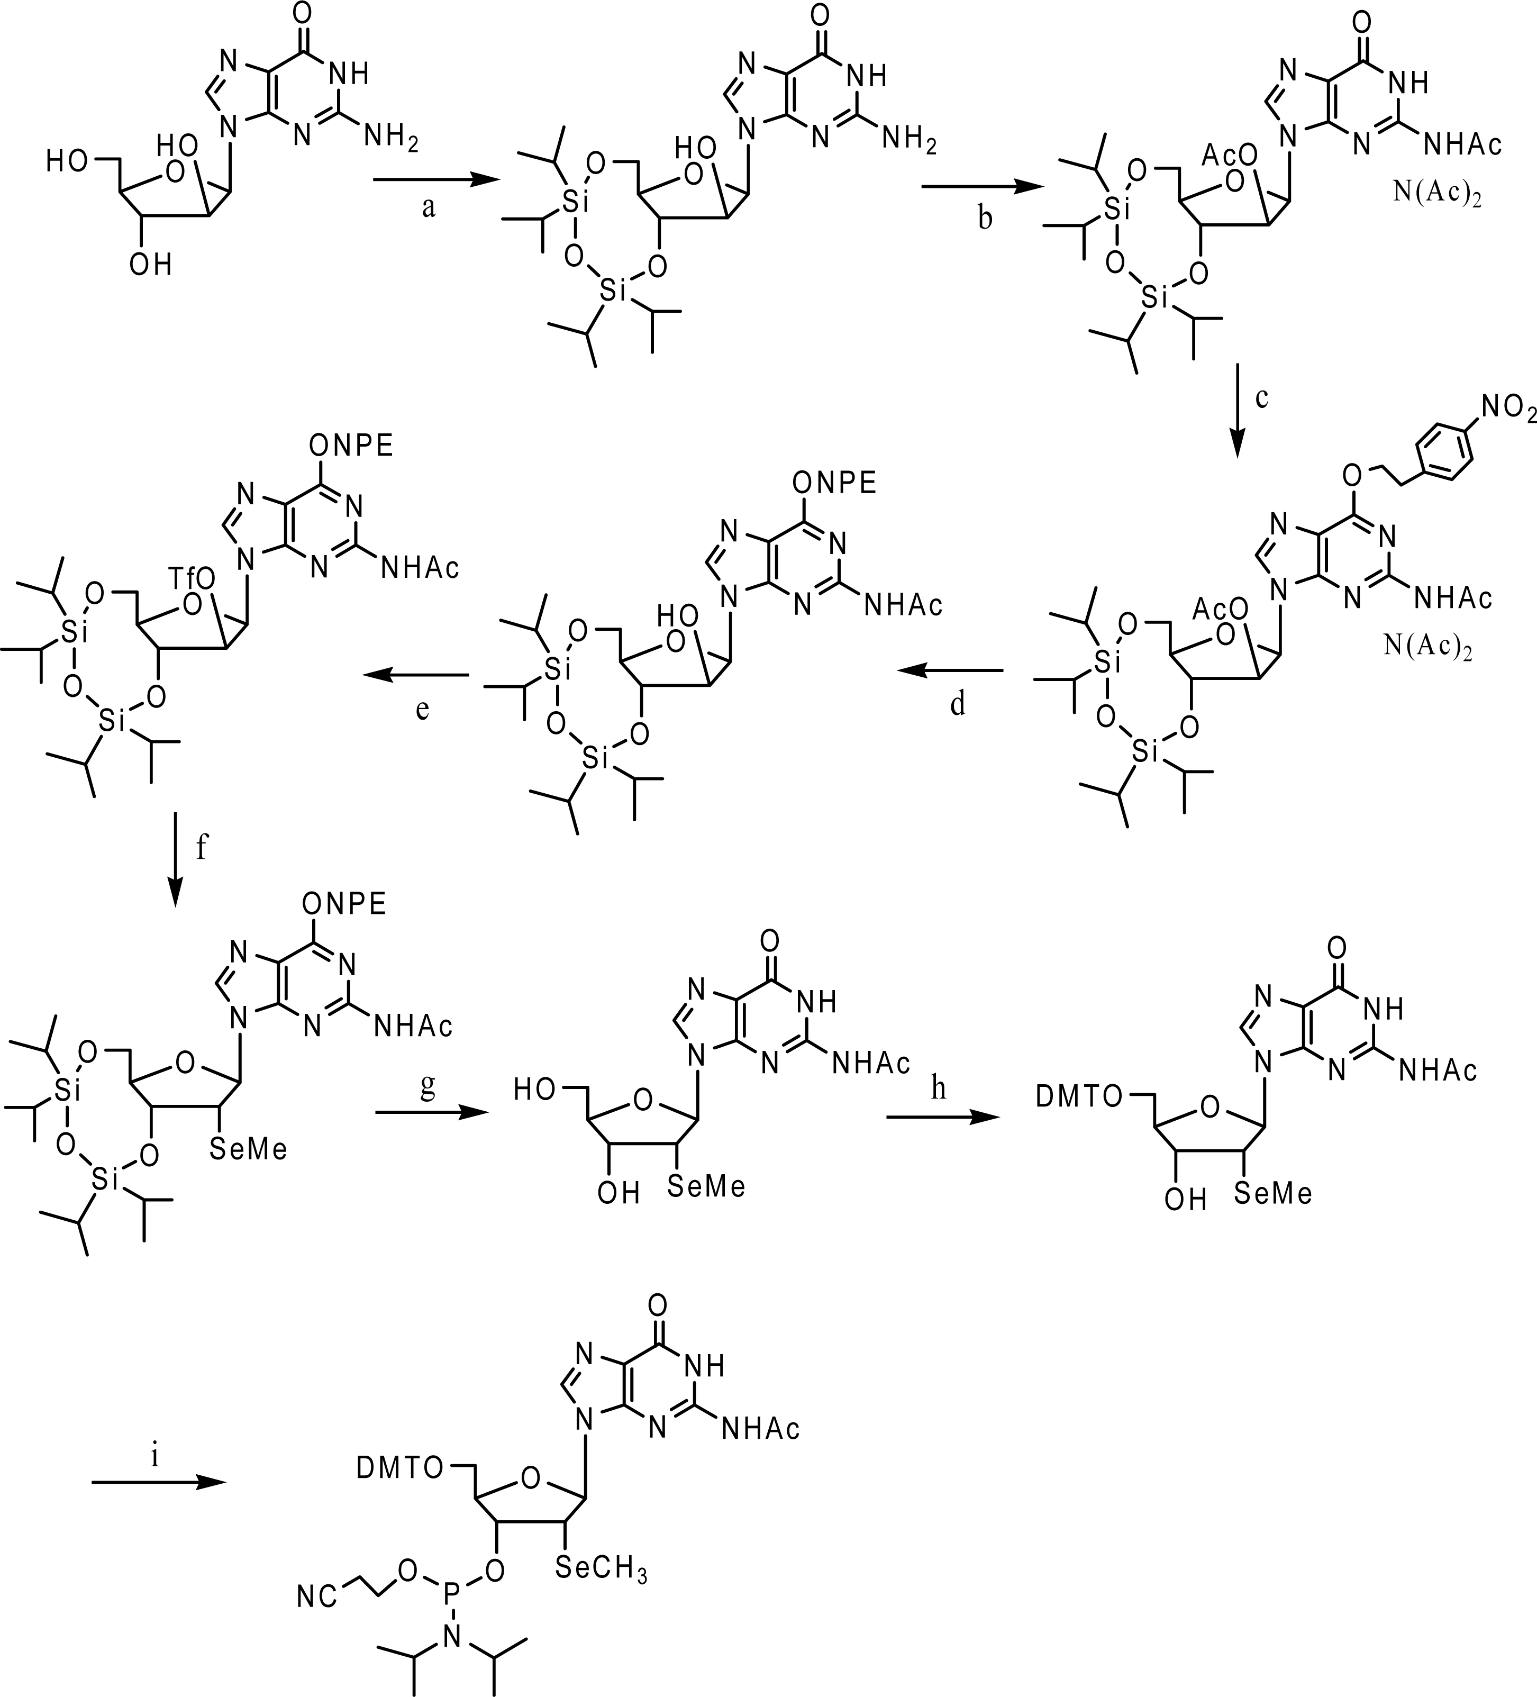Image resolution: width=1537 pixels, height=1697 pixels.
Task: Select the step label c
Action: [x=1261, y=397]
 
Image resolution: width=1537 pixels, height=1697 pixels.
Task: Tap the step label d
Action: [x=958, y=704]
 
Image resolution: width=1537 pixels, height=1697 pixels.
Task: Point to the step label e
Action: [x=423, y=709]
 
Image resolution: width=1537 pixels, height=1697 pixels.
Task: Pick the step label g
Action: [x=428, y=1087]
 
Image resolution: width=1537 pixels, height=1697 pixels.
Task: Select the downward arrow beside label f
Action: [x=176, y=859]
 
